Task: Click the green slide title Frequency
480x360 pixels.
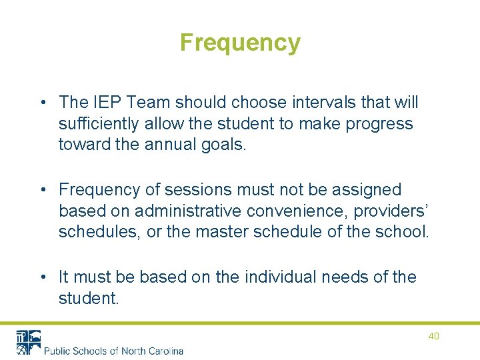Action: point(240,43)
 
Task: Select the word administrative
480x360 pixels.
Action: point(189,211)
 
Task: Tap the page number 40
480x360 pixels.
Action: point(433,336)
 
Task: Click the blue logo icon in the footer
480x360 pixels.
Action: point(27,342)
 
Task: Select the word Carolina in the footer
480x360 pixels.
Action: point(163,351)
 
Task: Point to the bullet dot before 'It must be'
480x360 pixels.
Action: point(43,277)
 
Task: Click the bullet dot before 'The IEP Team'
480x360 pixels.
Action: point(43,103)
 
